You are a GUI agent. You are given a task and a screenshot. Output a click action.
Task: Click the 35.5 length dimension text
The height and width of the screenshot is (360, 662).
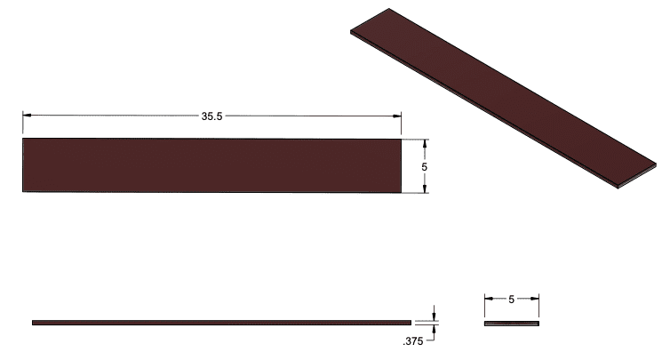(x=211, y=116)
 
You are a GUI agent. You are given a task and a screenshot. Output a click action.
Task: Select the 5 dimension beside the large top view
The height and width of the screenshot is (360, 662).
(x=426, y=166)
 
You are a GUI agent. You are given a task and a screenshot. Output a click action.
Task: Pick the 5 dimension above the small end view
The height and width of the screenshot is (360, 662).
(x=511, y=300)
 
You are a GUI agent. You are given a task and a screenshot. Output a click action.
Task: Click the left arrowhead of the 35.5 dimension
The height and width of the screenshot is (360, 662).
(x=26, y=116)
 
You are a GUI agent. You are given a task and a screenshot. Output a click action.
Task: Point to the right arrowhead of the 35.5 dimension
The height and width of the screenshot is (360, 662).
(x=398, y=116)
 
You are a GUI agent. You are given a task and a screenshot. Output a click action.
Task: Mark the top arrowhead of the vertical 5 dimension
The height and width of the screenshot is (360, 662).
(x=426, y=142)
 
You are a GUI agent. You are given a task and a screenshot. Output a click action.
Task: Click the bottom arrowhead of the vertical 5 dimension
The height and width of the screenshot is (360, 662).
(x=426, y=189)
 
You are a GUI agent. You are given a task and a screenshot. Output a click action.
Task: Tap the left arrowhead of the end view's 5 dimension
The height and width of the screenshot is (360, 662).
(x=488, y=300)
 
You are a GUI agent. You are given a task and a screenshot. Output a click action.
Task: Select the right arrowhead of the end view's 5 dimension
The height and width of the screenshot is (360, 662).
(x=536, y=300)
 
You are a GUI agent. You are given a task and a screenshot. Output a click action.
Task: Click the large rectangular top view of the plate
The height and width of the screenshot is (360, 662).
(x=211, y=165)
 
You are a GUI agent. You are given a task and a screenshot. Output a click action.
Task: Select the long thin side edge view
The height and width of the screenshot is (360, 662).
(x=221, y=322)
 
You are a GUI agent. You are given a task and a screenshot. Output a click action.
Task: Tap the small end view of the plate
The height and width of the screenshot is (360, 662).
(x=512, y=323)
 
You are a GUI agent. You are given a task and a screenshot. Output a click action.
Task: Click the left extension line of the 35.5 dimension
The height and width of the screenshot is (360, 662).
(x=22, y=124)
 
